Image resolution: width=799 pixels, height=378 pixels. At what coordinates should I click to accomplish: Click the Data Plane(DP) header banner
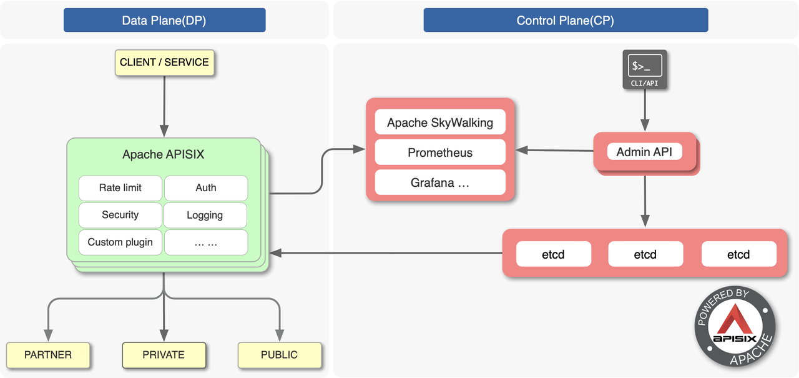pos(164,20)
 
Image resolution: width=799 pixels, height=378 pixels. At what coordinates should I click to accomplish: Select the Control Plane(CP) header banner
pos(566,20)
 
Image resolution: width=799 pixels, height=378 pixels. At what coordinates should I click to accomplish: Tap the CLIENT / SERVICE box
pos(164,62)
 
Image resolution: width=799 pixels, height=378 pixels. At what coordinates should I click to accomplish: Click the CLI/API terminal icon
pos(645,68)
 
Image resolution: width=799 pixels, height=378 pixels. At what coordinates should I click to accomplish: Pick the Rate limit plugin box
pos(120,188)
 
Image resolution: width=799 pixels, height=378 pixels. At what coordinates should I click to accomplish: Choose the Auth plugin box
pos(205,188)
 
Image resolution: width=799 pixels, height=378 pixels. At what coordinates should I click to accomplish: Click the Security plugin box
pos(120,215)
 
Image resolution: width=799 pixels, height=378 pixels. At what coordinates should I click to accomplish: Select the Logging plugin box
pos(205,215)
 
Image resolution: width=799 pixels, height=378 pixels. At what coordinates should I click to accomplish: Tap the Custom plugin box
pos(120,242)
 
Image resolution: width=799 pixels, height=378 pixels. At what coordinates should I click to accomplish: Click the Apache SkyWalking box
pos(440,122)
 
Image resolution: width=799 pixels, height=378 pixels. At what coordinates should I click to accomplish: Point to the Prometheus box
pos(440,152)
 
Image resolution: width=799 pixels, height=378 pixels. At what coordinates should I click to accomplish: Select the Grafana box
pos(440,182)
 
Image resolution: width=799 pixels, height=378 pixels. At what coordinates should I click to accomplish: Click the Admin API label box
pos(644,152)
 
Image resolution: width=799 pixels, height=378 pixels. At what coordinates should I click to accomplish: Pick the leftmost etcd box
pos(553,254)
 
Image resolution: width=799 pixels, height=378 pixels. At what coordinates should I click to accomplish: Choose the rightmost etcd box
pos(738,254)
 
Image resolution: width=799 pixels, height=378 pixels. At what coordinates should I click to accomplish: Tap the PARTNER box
pos(48,355)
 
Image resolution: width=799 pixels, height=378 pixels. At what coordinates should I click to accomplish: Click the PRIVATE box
pos(164,355)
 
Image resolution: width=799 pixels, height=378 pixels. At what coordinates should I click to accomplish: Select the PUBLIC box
pos(279,355)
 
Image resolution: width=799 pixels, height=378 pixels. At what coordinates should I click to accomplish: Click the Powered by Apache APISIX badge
pos(735,327)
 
